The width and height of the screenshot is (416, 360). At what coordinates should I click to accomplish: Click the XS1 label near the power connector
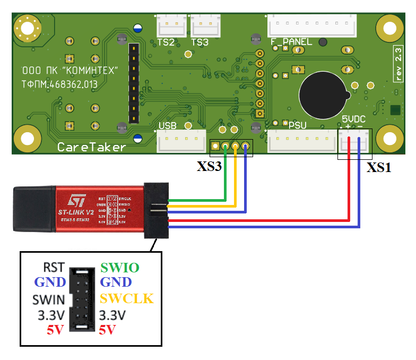[x=379, y=167]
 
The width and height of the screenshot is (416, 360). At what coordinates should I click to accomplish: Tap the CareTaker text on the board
[x=91, y=147]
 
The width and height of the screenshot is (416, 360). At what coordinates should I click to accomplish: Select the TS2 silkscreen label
[x=166, y=42]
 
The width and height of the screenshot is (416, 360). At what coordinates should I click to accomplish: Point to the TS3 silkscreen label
[x=200, y=42]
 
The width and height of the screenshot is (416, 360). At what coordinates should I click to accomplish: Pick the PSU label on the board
[x=298, y=125]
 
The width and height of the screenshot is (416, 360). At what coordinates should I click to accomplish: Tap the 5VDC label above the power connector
[x=353, y=119]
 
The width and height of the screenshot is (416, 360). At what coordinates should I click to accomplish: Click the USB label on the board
[x=168, y=126]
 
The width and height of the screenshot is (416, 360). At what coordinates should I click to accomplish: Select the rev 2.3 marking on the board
[x=398, y=64]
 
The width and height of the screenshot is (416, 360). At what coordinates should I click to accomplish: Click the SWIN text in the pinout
[x=49, y=299]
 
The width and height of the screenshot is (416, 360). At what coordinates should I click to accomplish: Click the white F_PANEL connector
[x=311, y=25]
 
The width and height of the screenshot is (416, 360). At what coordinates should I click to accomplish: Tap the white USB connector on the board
[x=181, y=141]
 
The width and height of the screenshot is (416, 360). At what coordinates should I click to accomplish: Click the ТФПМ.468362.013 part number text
[x=59, y=84]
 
